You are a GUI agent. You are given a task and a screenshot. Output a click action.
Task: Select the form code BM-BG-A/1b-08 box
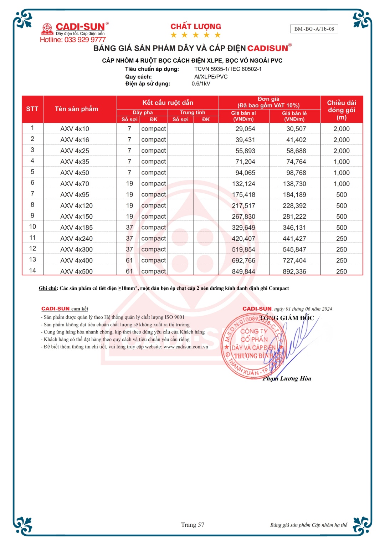point(314,29)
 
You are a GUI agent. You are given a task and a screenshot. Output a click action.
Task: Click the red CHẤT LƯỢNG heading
point(196,26)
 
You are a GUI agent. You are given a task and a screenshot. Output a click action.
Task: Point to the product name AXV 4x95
point(75,195)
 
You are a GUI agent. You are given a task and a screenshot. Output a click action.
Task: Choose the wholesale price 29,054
point(245,129)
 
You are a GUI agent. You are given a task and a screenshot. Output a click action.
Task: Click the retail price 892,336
point(294,271)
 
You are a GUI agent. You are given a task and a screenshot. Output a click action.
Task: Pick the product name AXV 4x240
point(76,239)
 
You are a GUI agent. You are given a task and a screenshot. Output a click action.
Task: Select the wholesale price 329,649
point(243,228)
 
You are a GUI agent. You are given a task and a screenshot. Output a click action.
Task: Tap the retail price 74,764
point(296,162)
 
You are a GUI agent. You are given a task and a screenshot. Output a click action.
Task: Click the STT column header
point(32,109)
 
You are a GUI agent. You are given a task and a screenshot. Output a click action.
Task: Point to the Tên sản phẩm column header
point(76,109)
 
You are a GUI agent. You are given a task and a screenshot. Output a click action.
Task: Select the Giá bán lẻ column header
point(294,116)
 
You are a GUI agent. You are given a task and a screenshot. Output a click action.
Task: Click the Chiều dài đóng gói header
point(342,110)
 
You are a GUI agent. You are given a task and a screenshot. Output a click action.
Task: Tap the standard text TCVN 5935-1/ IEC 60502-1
point(228,69)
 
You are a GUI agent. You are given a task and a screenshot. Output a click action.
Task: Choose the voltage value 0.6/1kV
point(201,84)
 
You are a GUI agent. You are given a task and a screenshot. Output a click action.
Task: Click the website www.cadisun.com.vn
point(186,347)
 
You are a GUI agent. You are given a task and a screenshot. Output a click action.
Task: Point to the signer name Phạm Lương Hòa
point(287,378)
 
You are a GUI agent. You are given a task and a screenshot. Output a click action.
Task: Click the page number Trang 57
point(192,525)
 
